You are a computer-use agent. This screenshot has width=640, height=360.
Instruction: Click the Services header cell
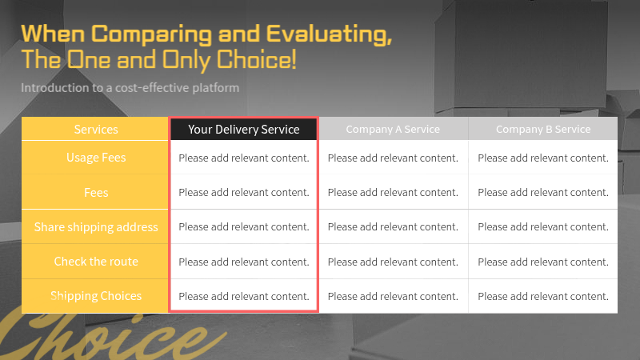click(96, 129)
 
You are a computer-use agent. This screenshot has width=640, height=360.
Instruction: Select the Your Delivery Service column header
click(243, 129)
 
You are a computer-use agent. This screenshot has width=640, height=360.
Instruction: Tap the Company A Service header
click(393, 129)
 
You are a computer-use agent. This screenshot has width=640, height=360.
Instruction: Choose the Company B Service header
click(543, 129)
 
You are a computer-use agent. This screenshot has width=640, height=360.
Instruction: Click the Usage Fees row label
click(96, 158)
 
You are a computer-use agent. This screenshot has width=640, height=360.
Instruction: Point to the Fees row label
click(96, 192)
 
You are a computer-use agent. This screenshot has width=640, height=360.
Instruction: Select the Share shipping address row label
click(96, 227)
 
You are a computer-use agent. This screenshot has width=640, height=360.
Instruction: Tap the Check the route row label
click(96, 262)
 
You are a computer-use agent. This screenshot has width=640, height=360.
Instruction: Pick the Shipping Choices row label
click(96, 296)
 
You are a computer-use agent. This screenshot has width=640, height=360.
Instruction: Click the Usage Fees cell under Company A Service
click(393, 158)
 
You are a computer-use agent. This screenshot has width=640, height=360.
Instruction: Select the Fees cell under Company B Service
click(543, 192)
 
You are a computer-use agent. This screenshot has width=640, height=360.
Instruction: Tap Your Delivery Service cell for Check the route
click(243, 262)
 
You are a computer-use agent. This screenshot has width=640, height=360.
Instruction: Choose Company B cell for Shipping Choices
click(543, 296)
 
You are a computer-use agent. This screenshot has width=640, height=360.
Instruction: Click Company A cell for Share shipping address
click(393, 227)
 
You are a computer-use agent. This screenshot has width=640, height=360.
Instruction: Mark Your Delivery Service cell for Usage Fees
click(243, 158)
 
